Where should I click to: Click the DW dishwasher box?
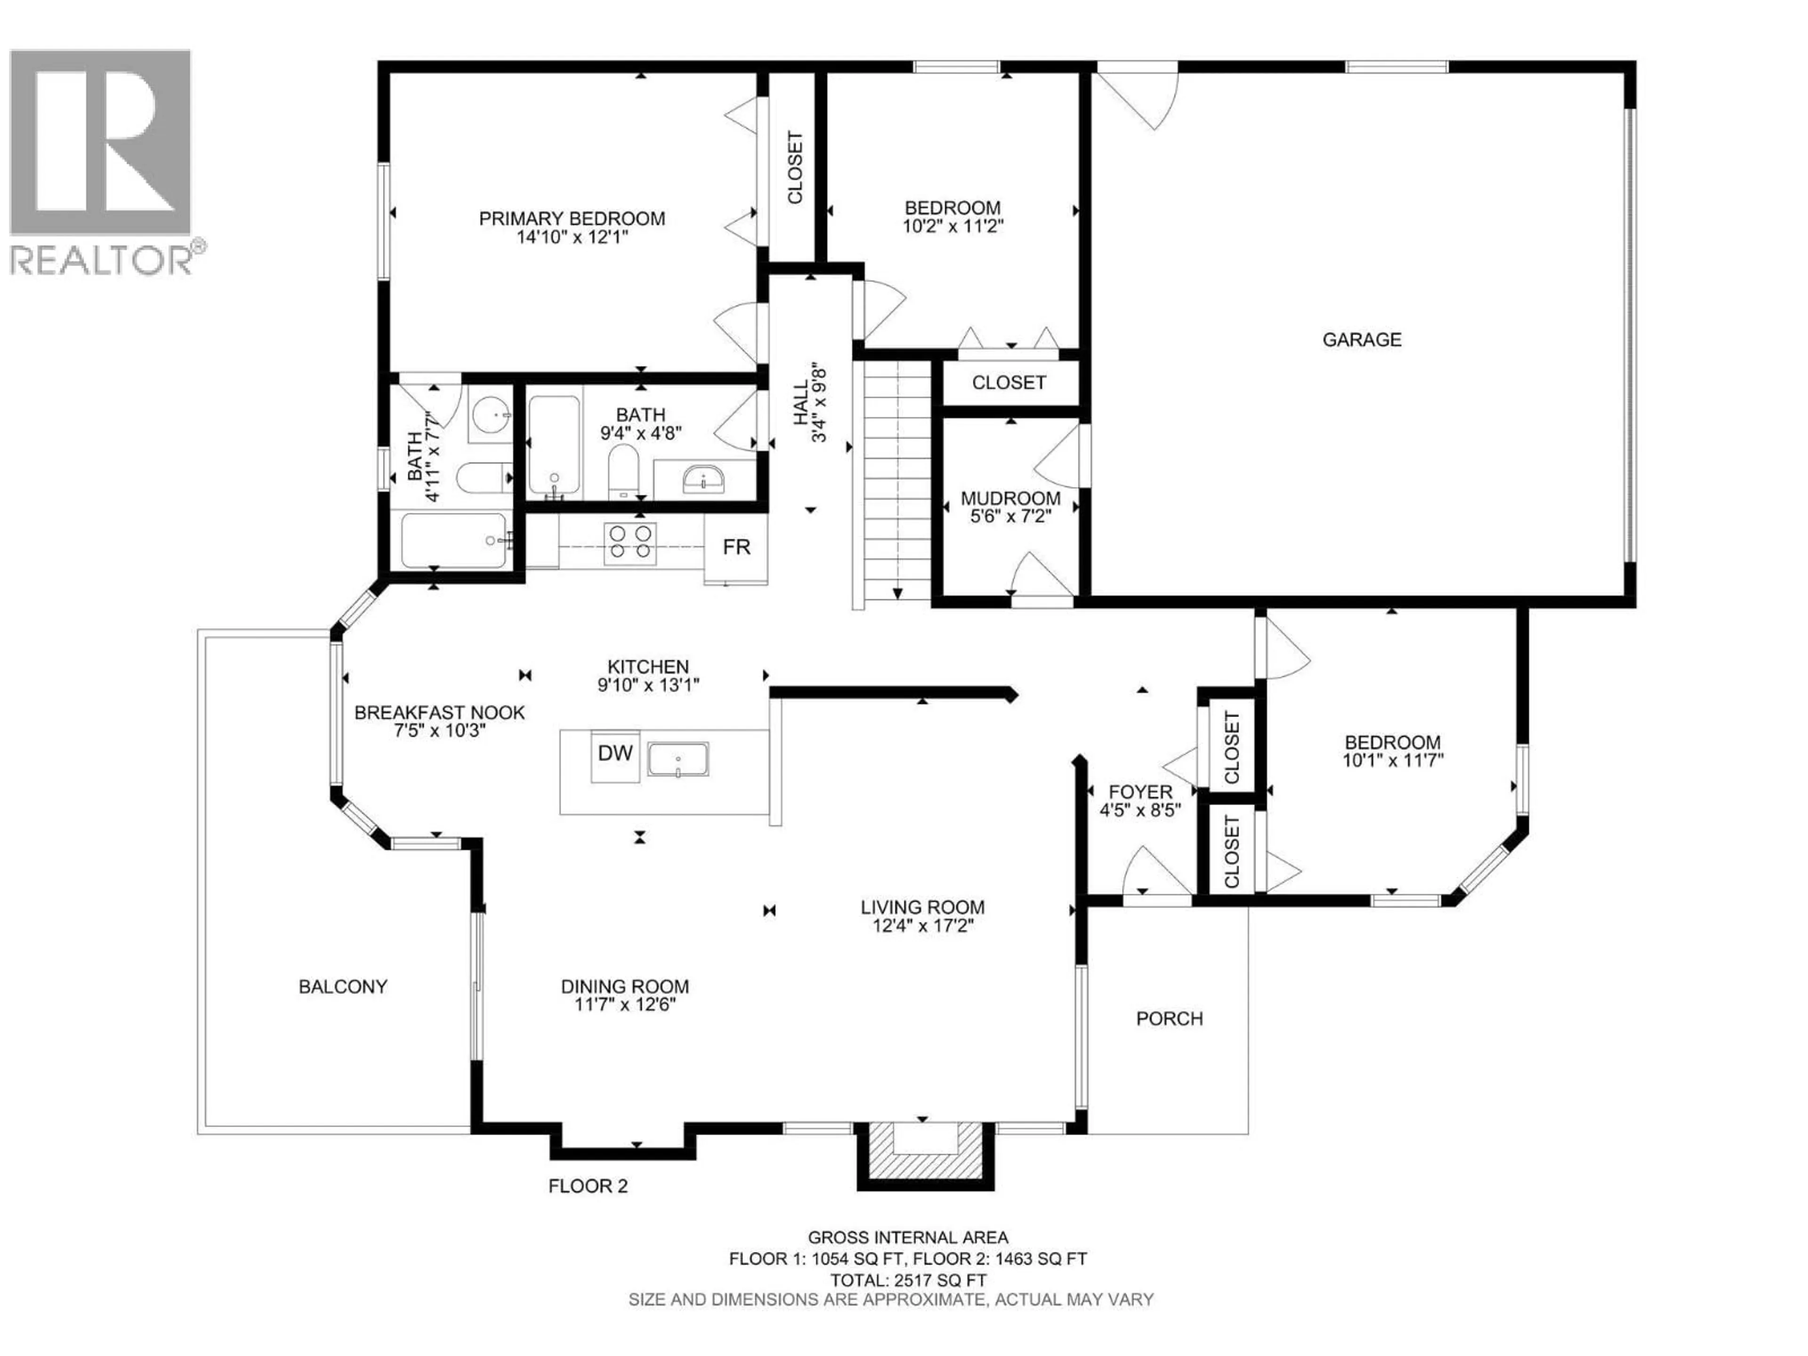614,754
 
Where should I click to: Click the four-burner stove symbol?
630,543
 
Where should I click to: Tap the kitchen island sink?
678,759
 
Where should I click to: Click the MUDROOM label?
1010,498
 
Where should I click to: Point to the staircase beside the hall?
897,482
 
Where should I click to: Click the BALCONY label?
342,986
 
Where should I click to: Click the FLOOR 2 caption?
588,1186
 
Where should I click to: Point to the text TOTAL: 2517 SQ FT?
908,1281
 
